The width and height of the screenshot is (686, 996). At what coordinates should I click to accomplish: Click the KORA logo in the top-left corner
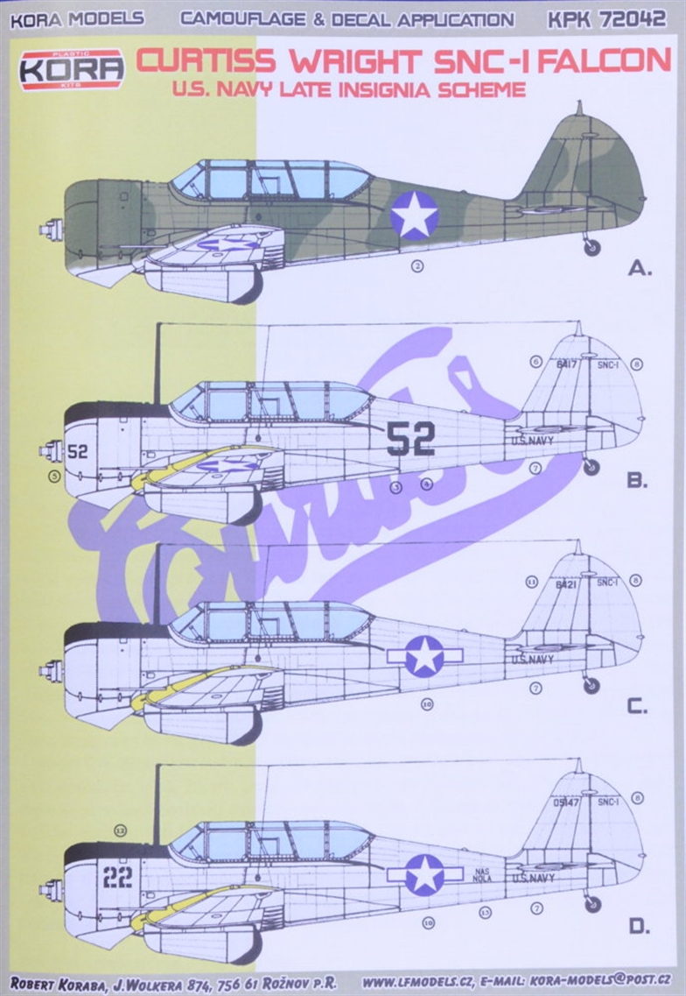[72, 69]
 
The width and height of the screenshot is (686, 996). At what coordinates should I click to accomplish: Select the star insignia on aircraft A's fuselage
[414, 215]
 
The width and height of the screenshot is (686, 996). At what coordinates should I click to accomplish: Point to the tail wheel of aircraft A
[592, 248]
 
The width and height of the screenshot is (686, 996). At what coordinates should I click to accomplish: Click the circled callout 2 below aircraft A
[417, 266]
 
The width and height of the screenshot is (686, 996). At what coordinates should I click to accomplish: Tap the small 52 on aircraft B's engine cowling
[78, 452]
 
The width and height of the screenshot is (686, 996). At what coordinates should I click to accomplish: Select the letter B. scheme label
[637, 480]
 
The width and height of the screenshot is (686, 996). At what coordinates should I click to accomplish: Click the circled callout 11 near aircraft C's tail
[531, 582]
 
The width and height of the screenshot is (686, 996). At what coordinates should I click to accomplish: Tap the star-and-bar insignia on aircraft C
[425, 655]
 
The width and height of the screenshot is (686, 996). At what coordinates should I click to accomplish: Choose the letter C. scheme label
[637, 706]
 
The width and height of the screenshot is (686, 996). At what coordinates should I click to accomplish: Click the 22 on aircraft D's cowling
[117, 876]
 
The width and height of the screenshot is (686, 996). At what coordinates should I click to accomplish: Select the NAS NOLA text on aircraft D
[482, 874]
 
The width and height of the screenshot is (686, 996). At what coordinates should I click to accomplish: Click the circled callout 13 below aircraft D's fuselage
[485, 913]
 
